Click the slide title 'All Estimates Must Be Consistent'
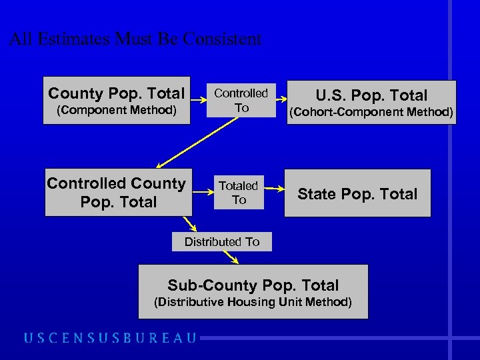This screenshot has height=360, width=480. click(x=135, y=39)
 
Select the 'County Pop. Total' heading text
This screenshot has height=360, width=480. click(x=116, y=93)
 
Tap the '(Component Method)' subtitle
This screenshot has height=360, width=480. click(x=116, y=110)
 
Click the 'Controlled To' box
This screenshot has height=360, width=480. click(x=241, y=100)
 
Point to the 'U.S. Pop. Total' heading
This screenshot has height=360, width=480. click(x=371, y=95)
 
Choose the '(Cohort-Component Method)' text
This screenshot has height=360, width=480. click(x=371, y=112)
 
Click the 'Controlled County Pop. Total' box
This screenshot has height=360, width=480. click(x=116, y=193)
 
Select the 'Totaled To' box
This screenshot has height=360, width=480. click(x=239, y=193)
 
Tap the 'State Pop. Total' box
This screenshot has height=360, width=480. click(x=357, y=194)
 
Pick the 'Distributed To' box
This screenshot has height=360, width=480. click(x=222, y=241)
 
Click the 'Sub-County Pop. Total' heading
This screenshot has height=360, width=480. click(x=253, y=285)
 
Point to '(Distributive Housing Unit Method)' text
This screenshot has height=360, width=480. click(x=253, y=302)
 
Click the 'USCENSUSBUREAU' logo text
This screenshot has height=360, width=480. click(x=111, y=338)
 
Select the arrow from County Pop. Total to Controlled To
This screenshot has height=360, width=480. click(x=198, y=100)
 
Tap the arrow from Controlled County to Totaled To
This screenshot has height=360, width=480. click(x=202, y=193)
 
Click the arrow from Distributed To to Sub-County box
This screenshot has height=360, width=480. click(x=231, y=257)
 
